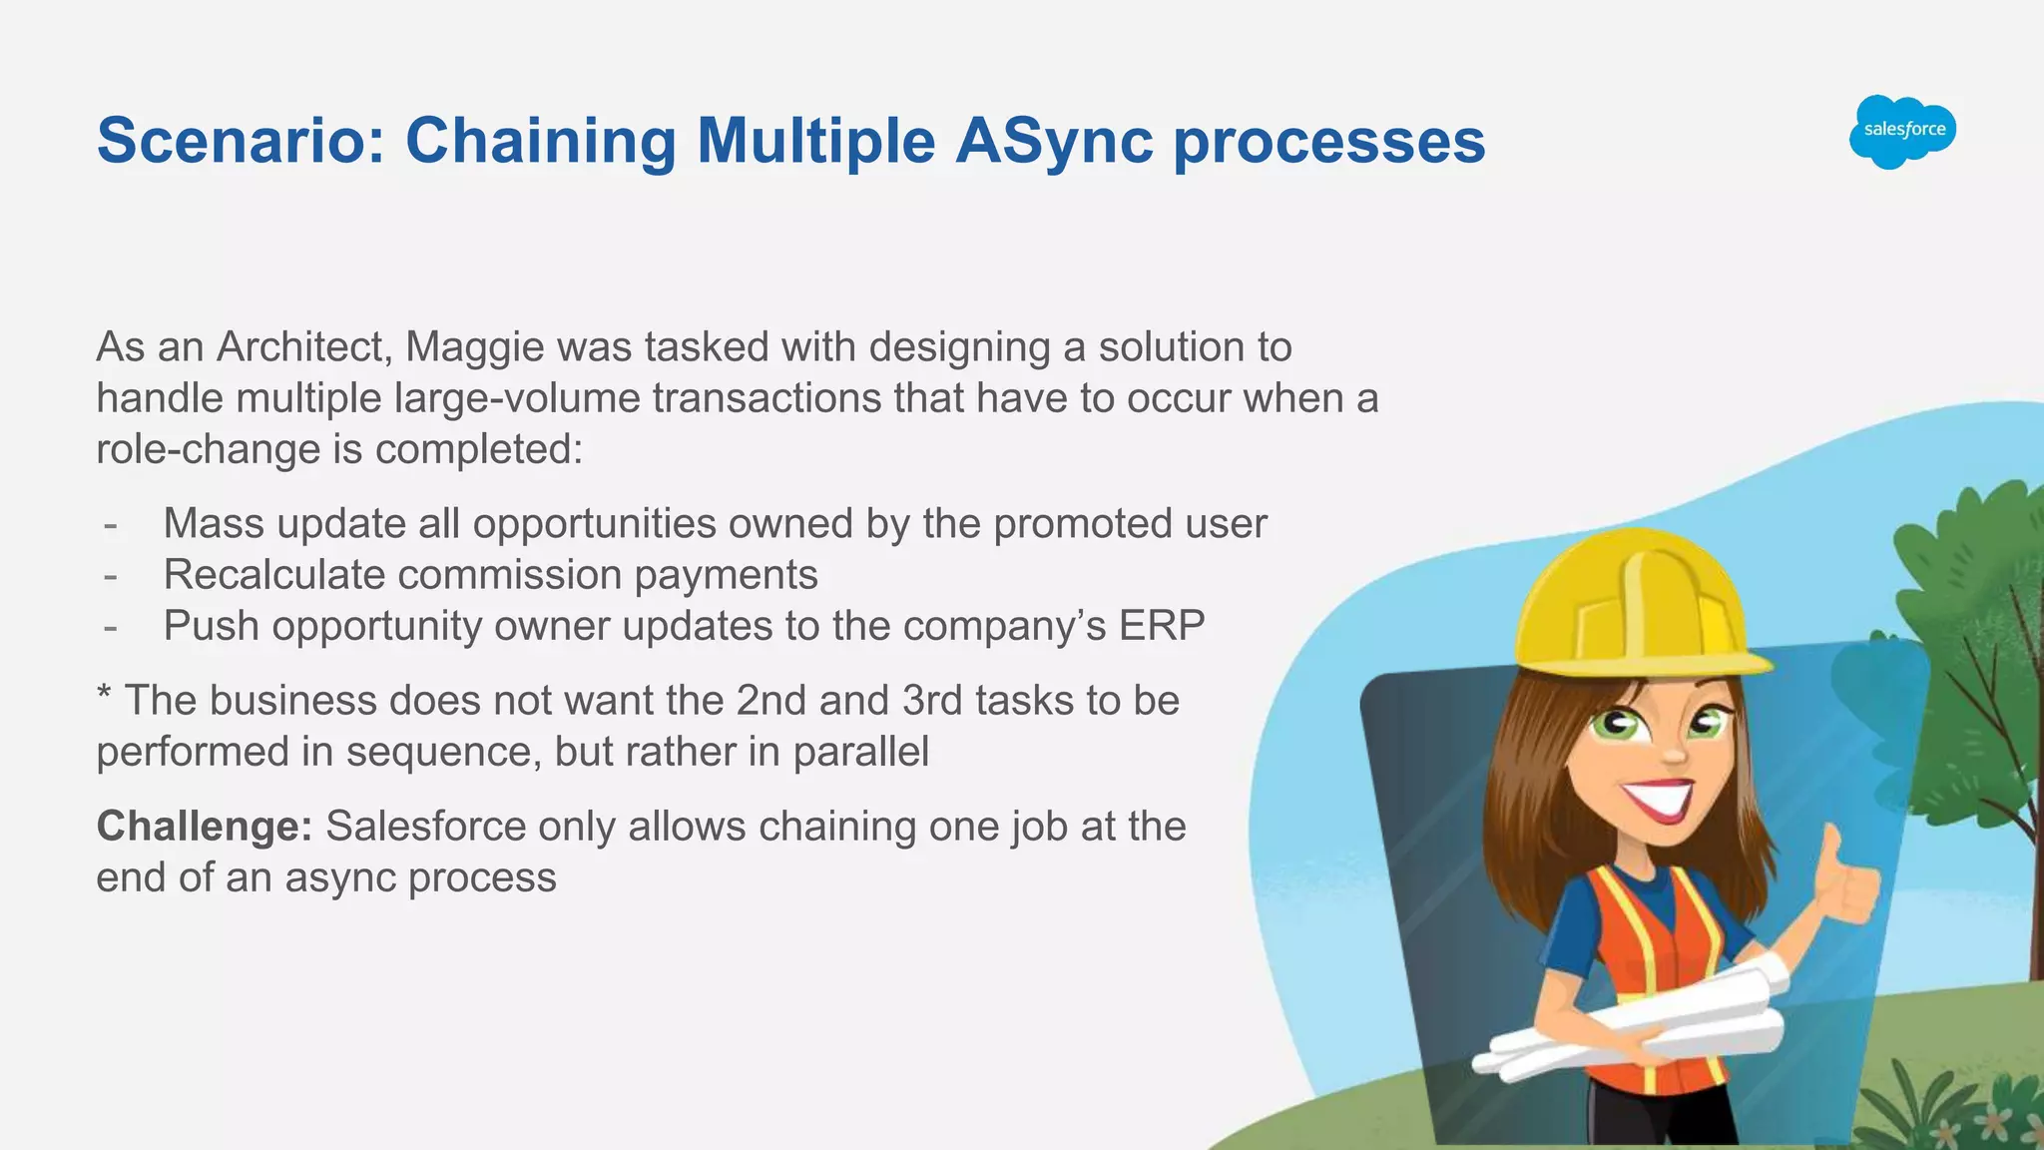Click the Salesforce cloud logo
[x=1902, y=131]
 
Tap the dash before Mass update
[x=111, y=525]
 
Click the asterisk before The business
[x=104, y=695]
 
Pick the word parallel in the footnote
[x=860, y=752]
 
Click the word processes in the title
[x=1329, y=140]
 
